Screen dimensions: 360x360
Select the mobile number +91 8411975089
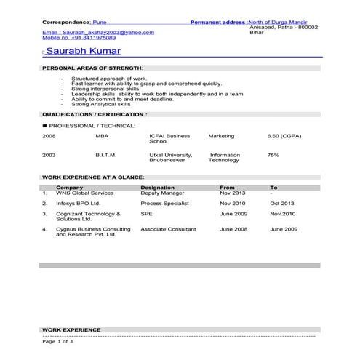pos(79,37)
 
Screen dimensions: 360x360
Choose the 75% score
pos(273,155)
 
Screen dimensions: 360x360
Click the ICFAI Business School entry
pos(169,138)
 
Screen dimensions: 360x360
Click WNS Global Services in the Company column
pos(84,193)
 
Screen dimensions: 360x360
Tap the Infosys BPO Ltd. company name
pos(78,204)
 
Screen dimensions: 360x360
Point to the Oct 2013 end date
pos(282,204)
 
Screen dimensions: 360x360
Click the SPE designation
pos(146,215)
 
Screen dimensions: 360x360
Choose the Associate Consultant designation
pos(168,229)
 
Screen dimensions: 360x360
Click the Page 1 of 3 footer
pos(58,340)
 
